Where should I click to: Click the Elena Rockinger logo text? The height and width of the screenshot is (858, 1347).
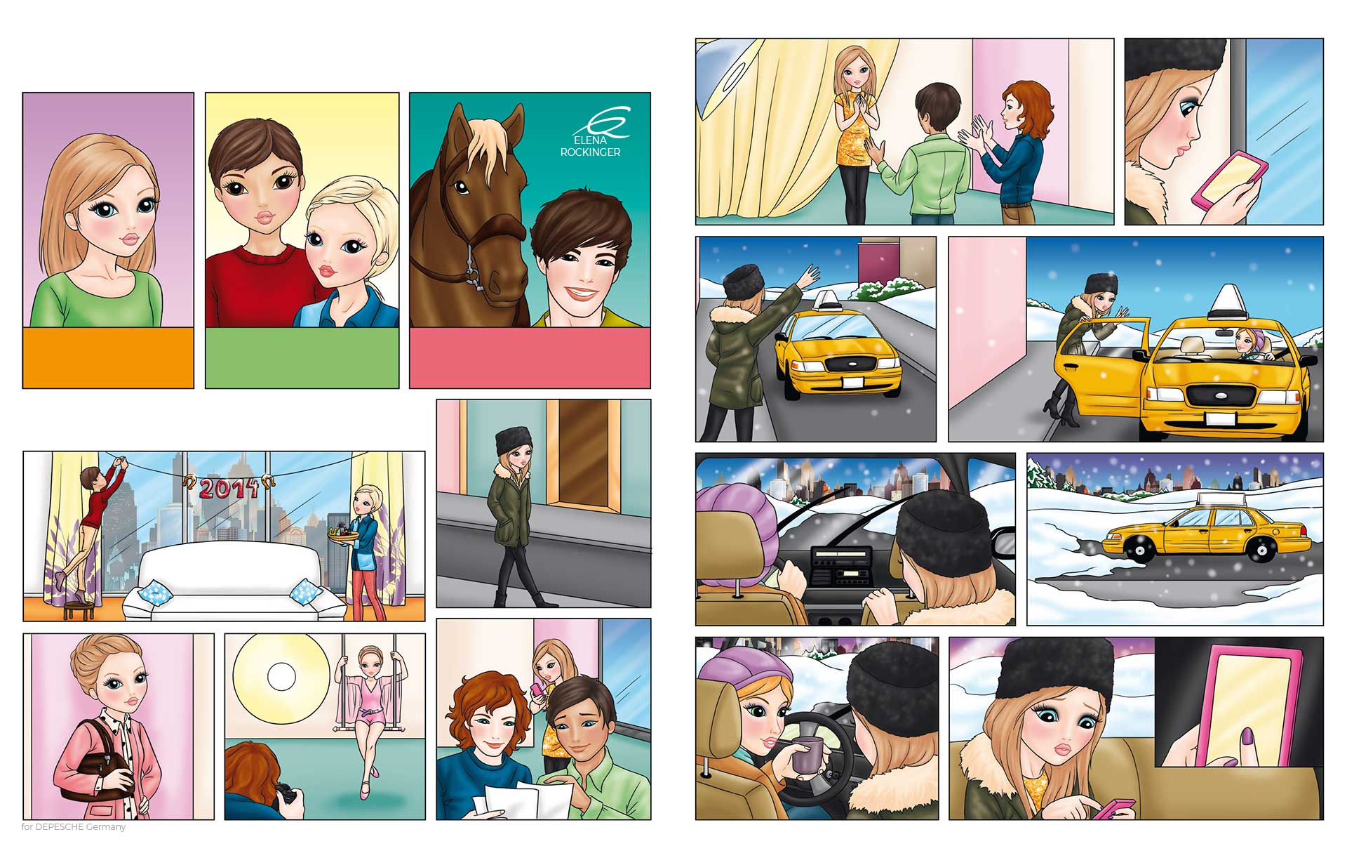(590, 146)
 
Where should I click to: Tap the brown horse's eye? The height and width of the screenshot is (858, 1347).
(461, 187)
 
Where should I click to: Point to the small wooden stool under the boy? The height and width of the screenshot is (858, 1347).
(79, 609)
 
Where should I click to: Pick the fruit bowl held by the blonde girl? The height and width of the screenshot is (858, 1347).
(343, 534)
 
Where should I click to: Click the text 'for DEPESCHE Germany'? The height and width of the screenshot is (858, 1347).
(74, 827)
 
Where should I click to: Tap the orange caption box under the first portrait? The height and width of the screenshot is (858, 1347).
(108, 357)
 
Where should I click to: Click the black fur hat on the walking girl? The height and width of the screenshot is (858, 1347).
(512, 442)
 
